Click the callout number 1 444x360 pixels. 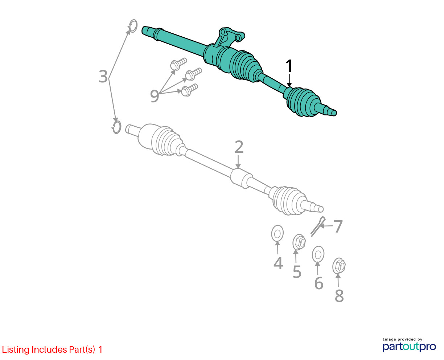pos(289,66)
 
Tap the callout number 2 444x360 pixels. pos(239,147)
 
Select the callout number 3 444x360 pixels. pos(103,77)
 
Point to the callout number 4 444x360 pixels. pos(278,263)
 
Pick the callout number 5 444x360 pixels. pos(297,272)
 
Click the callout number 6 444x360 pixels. pos(319,283)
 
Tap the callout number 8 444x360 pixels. pos(339,295)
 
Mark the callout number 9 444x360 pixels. pos(155,96)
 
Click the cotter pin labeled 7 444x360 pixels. pos(318,226)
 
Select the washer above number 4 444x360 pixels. pos(277,233)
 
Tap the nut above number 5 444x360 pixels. pos(299,242)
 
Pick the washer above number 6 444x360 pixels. pos(318,254)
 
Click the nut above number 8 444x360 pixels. pos(339,266)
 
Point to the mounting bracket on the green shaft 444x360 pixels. pos(229,37)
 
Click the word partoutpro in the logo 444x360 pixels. pos(409,347)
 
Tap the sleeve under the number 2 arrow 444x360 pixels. pos(241,179)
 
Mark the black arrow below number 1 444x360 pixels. pos(289,80)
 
